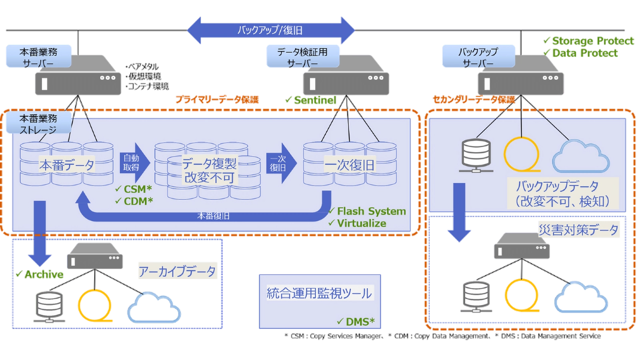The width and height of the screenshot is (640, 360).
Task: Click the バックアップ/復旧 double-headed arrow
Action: [x=270, y=30]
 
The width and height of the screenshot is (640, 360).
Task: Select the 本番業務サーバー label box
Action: [x=38, y=57]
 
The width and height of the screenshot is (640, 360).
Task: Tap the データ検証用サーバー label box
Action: [x=302, y=57]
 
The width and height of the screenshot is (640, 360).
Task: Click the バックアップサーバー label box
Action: [x=478, y=57]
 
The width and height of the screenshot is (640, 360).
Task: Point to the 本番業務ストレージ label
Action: [x=38, y=124]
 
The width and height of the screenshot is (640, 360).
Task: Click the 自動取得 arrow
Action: [x=134, y=163]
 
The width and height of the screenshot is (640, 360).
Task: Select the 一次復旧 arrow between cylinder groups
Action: [x=280, y=163]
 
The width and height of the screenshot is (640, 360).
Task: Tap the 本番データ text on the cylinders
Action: [x=67, y=165]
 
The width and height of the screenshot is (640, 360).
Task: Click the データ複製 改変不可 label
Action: [x=209, y=170]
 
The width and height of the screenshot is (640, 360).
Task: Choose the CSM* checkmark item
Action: [x=134, y=189]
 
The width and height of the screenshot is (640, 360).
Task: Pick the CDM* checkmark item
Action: [x=134, y=201]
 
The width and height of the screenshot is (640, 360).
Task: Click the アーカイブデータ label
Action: [x=177, y=272]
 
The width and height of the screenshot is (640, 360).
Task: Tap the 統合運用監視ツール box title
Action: [x=319, y=293]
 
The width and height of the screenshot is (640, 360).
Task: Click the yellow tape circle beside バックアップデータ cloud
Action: [x=522, y=154]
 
